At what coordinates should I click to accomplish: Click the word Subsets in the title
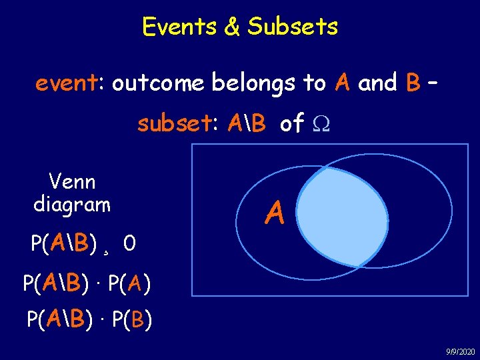pos(293,27)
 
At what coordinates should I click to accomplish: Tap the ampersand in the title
pos(230,27)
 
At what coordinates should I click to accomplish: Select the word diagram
pos(72,204)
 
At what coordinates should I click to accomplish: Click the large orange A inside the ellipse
pos(275,214)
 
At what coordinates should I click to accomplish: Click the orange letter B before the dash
pos(412,83)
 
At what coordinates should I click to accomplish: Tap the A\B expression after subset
pos(247,123)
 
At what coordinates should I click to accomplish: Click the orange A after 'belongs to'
pos(343,83)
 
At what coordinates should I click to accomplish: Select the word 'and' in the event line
pos(377,83)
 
